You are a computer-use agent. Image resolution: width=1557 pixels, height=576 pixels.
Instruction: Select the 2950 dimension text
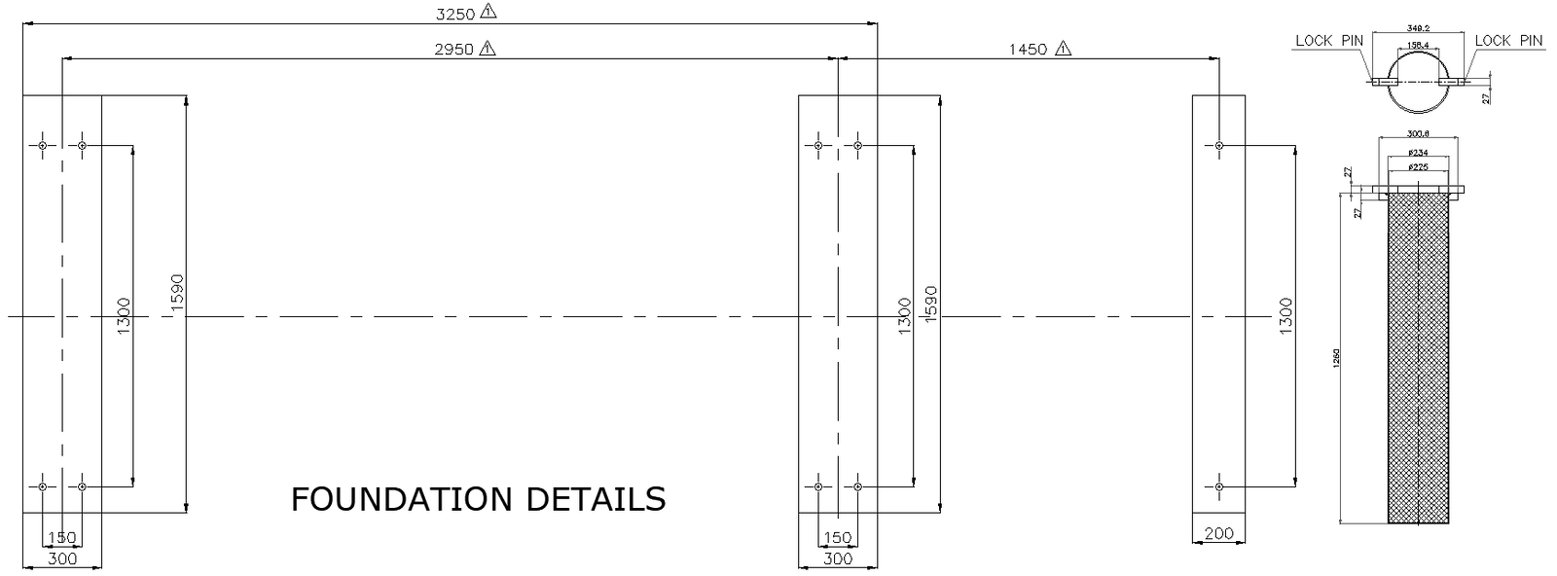tap(454, 49)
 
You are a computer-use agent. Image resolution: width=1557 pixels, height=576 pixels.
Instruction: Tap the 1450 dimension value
tap(1028, 49)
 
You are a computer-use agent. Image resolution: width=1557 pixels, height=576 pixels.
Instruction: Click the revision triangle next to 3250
tap(489, 12)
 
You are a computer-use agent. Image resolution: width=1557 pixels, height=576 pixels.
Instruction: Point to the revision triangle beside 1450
tap(1063, 48)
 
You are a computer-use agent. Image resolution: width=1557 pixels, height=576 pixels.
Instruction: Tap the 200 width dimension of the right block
tap(1218, 533)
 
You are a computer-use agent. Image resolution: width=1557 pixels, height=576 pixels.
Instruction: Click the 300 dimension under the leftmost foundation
tap(61, 559)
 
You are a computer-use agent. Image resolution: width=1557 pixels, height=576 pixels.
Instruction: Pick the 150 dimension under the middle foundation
tap(838, 538)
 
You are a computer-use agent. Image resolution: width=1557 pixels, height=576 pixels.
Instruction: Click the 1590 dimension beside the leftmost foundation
tap(175, 293)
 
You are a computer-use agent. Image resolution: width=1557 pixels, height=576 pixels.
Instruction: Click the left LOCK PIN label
tap(1329, 41)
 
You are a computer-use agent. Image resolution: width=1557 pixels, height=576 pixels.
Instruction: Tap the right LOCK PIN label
tap(1508, 41)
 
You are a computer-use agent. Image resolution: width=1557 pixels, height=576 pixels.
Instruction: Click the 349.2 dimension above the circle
tap(1417, 30)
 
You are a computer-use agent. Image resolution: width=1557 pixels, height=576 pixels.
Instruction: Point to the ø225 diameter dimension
tap(1419, 167)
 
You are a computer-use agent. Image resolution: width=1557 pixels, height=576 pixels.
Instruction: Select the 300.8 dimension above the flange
tap(1419, 134)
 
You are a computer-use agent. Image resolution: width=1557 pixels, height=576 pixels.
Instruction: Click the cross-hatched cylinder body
tap(1419, 360)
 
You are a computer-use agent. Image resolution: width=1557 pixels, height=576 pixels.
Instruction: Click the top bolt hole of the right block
tap(1218, 146)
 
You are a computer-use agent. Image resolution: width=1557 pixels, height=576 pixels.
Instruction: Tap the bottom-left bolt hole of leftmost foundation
tap(43, 486)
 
